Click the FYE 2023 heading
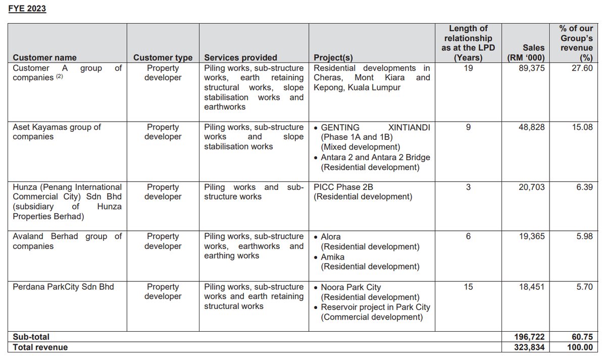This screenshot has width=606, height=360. pyautogui.click(x=27, y=9)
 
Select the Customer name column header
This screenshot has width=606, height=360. pyautogui.click(x=44, y=58)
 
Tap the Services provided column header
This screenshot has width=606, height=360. pyautogui.click(x=240, y=58)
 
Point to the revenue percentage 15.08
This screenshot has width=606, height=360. pyautogui.click(x=583, y=127)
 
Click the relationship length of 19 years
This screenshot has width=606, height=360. pyautogui.click(x=468, y=68)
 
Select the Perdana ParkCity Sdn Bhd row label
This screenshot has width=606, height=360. pyautogui.click(x=63, y=287)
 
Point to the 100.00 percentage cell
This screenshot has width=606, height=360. pyautogui.click(x=581, y=347)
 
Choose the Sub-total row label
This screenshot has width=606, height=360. pyautogui.click(x=31, y=337)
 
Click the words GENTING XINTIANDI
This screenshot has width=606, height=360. pyautogui.click(x=375, y=127)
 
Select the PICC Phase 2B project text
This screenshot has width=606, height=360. pyautogui.click(x=343, y=187)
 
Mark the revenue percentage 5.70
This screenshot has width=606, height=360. pyautogui.click(x=584, y=287)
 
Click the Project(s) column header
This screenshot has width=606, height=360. pyautogui.click(x=333, y=58)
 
